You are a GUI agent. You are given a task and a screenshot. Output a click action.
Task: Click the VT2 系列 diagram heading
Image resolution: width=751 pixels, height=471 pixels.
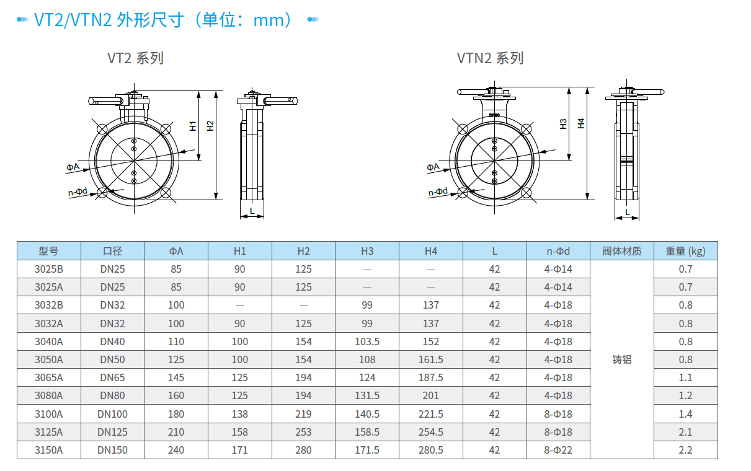[x=135, y=58]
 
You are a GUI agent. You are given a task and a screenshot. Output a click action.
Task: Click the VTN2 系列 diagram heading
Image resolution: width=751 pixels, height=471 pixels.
[x=490, y=58]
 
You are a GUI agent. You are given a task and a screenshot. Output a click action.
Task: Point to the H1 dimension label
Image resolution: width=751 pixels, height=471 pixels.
[x=193, y=126]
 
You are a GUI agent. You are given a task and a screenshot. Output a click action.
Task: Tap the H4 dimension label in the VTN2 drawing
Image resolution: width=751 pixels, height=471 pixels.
[x=581, y=123]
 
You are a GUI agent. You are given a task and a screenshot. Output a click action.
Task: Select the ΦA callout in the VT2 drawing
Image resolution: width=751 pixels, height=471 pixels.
[x=73, y=167]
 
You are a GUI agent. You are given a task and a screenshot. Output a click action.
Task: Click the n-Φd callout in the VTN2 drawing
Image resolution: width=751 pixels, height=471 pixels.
[x=438, y=192]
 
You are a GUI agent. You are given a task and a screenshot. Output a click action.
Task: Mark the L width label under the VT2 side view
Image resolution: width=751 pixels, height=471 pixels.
[x=252, y=211]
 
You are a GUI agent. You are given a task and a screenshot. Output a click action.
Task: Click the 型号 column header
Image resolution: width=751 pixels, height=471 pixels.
[x=48, y=251]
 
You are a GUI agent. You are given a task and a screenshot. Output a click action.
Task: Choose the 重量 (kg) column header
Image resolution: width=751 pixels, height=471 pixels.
[x=686, y=251]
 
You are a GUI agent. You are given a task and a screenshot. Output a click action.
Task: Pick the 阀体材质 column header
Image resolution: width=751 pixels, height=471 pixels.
[x=622, y=251]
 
